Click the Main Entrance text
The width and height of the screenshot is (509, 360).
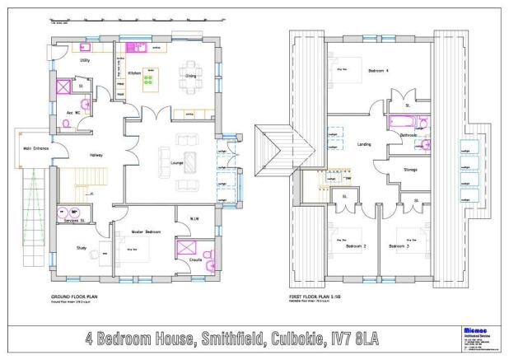[x=26, y=148]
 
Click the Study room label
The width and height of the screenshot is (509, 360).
[x=81, y=247]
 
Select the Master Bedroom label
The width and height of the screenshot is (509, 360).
[x=145, y=232]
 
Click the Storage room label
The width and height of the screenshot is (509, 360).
[x=410, y=171]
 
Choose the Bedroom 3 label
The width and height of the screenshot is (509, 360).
[x=400, y=246]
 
